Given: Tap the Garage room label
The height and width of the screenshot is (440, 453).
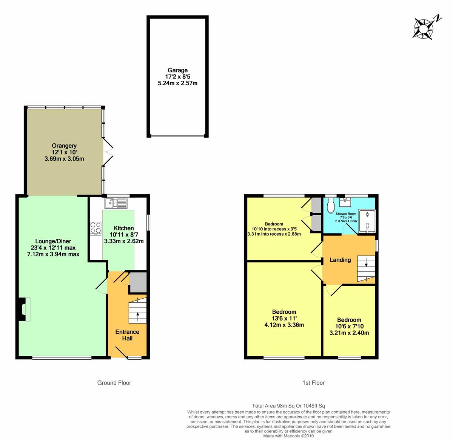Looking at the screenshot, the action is pyautogui.click(x=178, y=70).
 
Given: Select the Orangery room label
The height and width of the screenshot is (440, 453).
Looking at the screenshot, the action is pyautogui.click(x=64, y=146).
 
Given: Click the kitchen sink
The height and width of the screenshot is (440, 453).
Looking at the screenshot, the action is pyautogui.click(x=116, y=203).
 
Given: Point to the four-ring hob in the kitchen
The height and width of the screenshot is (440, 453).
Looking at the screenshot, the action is pyautogui.click(x=96, y=228).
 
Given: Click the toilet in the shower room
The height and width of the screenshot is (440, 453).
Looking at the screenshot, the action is pyautogui.click(x=331, y=205).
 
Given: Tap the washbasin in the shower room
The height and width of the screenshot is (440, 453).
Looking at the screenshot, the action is pyautogui.click(x=345, y=202).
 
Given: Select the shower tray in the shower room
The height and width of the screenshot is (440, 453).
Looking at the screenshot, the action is pyautogui.click(x=367, y=221).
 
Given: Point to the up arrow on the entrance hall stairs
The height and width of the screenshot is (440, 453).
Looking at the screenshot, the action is pyautogui.click(x=137, y=316).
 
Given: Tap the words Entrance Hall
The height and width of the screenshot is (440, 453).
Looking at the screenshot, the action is pyautogui.click(x=127, y=335).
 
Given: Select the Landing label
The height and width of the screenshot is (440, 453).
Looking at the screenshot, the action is pyautogui.click(x=340, y=260).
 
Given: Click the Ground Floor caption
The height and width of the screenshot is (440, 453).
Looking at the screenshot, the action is pyautogui.click(x=114, y=383).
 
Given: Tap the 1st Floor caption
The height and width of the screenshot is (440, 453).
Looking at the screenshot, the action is pyautogui.click(x=313, y=383).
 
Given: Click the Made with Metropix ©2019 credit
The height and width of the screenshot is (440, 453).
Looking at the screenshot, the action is pyautogui.click(x=288, y=436).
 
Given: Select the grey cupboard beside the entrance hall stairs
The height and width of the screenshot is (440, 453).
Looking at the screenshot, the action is pyautogui.click(x=138, y=282).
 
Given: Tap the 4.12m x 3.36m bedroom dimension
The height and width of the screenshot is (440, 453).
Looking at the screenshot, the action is pyautogui.click(x=284, y=325).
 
